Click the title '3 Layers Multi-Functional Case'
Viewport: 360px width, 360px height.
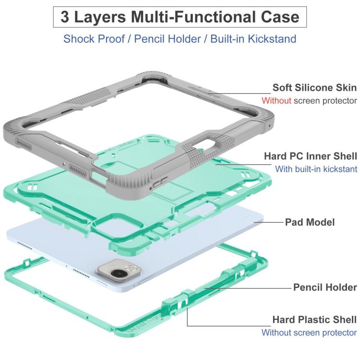pyautogui.click(x=180, y=17)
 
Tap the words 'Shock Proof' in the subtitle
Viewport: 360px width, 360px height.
pyautogui.click(x=94, y=39)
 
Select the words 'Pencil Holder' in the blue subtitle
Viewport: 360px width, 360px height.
pyautogui.click(x=168, y=39)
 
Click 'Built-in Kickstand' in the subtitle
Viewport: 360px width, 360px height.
pyautogui.click(x=253, y=39)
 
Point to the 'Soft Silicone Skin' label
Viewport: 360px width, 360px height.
pyautogui.click(x=314, y=87)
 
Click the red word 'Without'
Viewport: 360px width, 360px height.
pyautogui.click(x=276, y=101)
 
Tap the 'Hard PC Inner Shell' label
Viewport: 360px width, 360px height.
pyautogui.click(x=311, y=156)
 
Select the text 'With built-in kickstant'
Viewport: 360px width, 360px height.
pyautogui.click(x=316, y=169)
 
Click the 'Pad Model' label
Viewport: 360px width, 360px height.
pyautogui.click(x=310, y=222)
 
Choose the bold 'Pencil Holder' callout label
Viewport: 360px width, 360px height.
pyautogui.click(x=325, y=287)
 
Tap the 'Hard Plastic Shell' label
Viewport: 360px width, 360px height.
pyautogui.click(x=314, y=319)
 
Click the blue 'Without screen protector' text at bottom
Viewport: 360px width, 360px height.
pyautogui.click(x=309, y=333)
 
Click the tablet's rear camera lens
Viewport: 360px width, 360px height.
pyautogui.click(x=119, y=273)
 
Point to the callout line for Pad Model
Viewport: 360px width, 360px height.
pyautogui.click(x=269, y=222)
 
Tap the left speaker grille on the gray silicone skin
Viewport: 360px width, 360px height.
pyautogui.click(x=23, y=144)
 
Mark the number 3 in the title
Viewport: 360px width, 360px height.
pyautogui.click(x=65, y=17)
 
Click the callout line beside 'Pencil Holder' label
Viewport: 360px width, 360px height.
pyautogui.click(x=248, y=288)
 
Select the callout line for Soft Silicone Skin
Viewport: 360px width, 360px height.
pyautogui.click(x=240, y=94)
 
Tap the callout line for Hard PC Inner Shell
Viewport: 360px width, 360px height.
pyautogui.click(x=243, y=164)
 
